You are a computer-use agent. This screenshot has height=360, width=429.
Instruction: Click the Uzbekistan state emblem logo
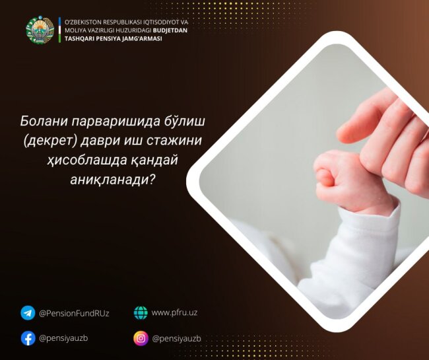pos(40,30)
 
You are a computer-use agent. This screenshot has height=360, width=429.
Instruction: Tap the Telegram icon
pos(28,312)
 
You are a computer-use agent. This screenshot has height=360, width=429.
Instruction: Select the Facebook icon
pos(28,338)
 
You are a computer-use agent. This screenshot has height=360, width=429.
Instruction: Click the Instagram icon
pos(141,338)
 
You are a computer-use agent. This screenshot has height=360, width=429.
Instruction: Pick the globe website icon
pos(141,312)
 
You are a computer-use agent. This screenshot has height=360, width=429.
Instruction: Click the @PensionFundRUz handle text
pos(74,313)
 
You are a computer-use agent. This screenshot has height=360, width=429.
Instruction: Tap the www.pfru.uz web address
pos(174,312)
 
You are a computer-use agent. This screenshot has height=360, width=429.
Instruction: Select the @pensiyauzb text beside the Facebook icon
pos(63,338)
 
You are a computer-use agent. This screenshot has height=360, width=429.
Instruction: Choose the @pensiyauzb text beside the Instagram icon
pos(176,338)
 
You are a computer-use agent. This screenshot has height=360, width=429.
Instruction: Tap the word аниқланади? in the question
pos(117,178)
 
